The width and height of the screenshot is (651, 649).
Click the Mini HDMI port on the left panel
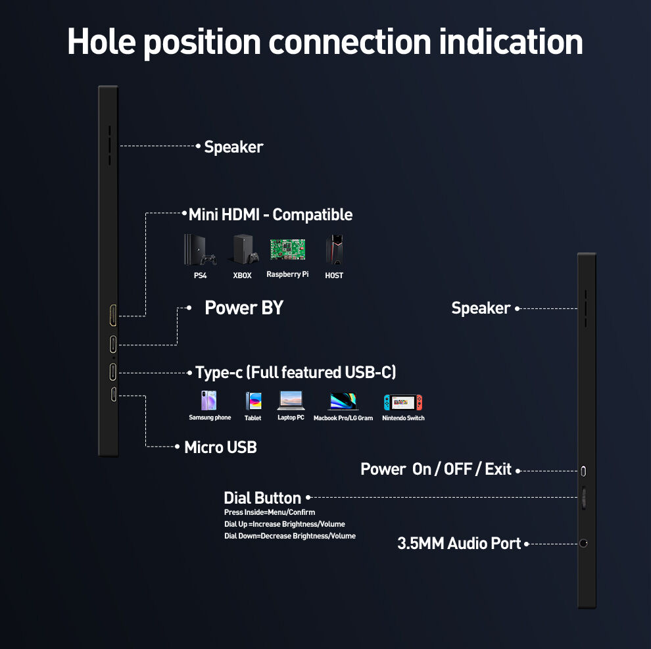click(x=113, y=316)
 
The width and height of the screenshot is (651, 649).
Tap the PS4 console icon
click(x=200, y=251)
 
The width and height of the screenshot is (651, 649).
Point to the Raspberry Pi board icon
click(x=287, y=249)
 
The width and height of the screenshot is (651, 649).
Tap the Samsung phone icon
click(x=209, y=400)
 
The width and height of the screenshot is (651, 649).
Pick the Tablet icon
click(x=253, y=401)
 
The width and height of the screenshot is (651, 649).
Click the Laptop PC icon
click(x=290, y=400)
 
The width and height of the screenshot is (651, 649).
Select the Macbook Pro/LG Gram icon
click(x=343, y=401)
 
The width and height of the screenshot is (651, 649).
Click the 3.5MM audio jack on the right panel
click(x=583, y=544)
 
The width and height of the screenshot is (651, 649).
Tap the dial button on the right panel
click(x=584, y=498)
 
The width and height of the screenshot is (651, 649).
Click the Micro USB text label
click(x=220, y=448)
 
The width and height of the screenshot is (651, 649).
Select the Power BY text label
click(x=244, y=308)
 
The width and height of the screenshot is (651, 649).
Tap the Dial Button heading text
click(x=262, y=498)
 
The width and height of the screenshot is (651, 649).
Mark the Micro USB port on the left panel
click(x=113, y=395)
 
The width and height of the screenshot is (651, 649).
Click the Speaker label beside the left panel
click(x=233, y=147)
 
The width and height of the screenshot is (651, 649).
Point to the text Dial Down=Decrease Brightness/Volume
click(x=290, y=536)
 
